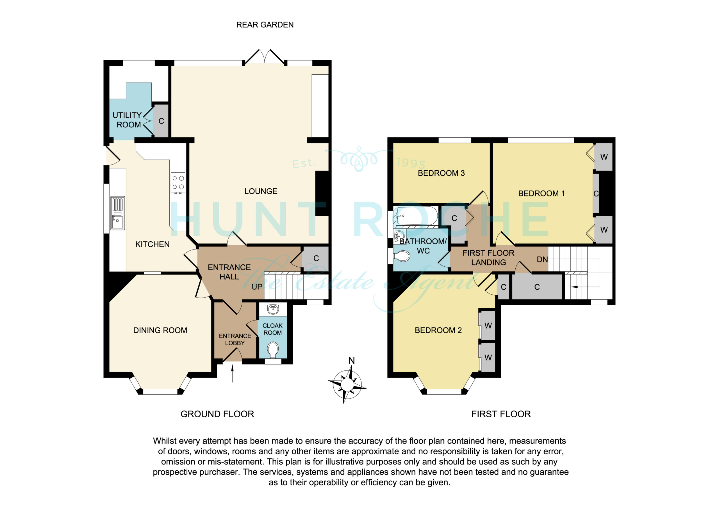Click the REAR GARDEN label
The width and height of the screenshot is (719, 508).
click(x=265, y=25)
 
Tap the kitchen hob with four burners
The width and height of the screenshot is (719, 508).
click(x=178, y=183)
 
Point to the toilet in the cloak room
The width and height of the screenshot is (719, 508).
click(x=273, y=350)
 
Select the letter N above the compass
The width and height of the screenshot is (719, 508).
click(x=351, y=361)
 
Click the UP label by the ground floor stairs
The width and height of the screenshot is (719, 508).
click(x=257, y=287)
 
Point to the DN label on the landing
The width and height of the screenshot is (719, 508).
click(x=542, y=260)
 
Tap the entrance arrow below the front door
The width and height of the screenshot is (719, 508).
click(x=232, y=374)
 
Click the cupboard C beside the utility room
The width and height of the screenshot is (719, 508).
click(x=161, y=121)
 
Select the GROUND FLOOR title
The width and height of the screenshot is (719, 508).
click(x=217, y=414)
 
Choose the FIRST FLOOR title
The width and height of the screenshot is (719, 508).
click(x=501, y=414)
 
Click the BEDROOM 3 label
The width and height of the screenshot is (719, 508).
click(x=441, y=173)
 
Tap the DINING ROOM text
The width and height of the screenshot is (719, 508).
click(x=160, y=330)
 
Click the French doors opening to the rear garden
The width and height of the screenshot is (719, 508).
click(x=265, y=56)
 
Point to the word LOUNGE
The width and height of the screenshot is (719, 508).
click(x=261, y=191)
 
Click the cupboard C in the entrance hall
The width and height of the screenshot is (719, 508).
click(x=316, y=258)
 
